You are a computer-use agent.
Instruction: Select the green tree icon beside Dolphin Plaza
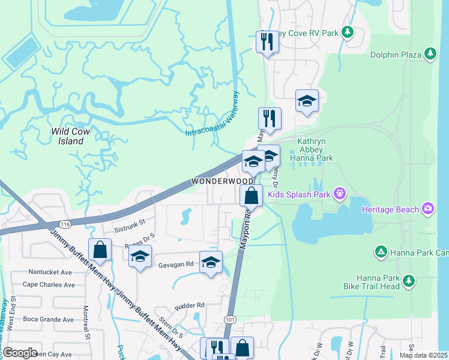430,55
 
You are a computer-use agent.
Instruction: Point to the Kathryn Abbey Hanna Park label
311,149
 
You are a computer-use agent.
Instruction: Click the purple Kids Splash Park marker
340,193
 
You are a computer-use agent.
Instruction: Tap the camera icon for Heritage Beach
427,209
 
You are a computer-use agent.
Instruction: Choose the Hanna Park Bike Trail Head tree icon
409,281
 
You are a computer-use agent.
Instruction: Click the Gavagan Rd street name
175,264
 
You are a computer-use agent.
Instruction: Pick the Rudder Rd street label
189,305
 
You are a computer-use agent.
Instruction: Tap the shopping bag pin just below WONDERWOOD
251,196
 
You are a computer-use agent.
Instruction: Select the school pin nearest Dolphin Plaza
307,101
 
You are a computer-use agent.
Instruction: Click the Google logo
20,353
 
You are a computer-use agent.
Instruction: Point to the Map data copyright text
423,355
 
